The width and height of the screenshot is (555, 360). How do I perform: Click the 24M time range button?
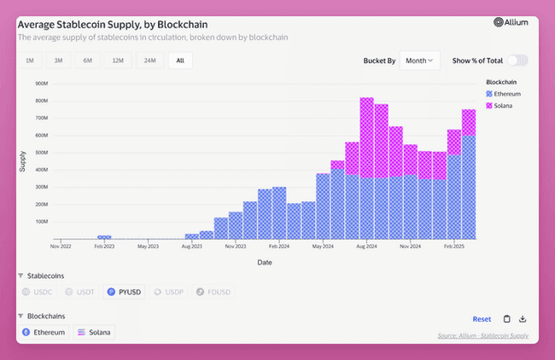click(149, 61)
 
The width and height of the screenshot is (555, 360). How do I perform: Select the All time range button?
click(179, 61)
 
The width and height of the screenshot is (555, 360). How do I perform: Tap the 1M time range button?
click(30, 61)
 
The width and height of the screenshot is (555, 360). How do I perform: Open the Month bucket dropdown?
click(420, 61)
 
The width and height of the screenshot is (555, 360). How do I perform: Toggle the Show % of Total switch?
click(517, 61)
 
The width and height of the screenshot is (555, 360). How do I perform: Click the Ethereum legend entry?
click(503, 93)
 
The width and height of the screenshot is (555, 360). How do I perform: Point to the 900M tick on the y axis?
click(40, 84)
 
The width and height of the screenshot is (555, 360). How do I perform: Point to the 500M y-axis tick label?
click(40, 153)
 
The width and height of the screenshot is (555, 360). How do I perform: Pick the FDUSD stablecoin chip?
click(213, 292)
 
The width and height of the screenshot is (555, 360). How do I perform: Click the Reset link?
click(482, 319)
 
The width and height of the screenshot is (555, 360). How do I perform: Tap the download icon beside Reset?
click(523, 319)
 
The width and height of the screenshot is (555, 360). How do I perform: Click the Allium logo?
click(511, 23)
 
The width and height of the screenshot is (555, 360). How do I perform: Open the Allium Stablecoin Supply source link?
click(482, 336)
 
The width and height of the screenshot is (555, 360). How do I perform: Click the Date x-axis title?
click(265, 263)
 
